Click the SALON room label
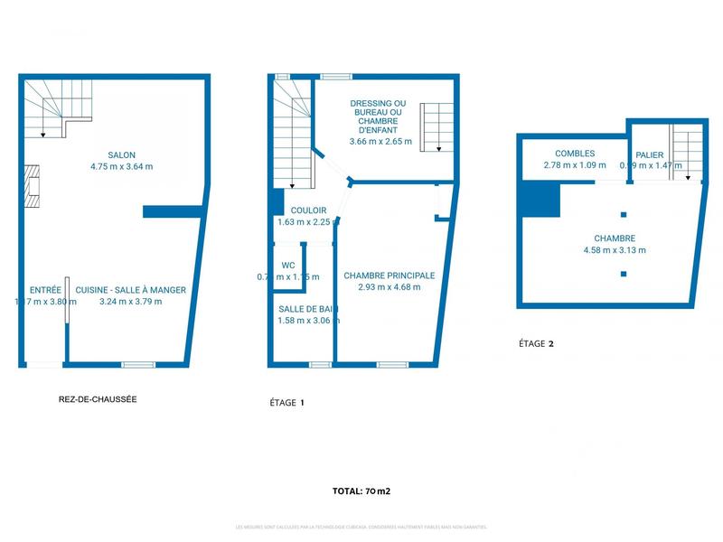pyautogui.click(x=122, y=154)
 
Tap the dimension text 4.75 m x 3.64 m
pyautogui.click(x=122, y=166)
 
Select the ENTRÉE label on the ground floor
pyautogui.click(x=45, y=290)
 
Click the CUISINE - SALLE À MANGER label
pyautogui.click(x=130, y=290)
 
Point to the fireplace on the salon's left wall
pyautogui.click(x=33, y=187)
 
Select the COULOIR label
pyautogui.click(x=296, y=210)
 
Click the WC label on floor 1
pyautogui.click(x=288, y=266)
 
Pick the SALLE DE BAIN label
pyautogui.click(x=307, y=308)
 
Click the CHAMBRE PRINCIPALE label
pyautogui.click(x=390, y=276)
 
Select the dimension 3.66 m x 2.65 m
pyautogui.click(x=380, y=141)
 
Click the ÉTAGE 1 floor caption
pyautogui.click(x=287, y=403)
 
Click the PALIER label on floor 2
pyautogui.click(x=649, y=154)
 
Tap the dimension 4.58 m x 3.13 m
pyautogui.click(x=615, y=250)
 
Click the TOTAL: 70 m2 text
pyautogui.click(x=361, y=491)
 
